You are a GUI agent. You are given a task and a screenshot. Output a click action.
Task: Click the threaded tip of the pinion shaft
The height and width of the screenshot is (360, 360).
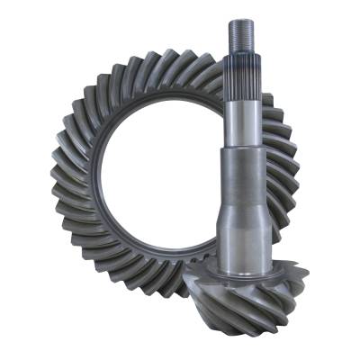[242, 37]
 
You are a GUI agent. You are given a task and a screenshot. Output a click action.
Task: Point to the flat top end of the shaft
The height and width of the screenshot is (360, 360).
[242, 20]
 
